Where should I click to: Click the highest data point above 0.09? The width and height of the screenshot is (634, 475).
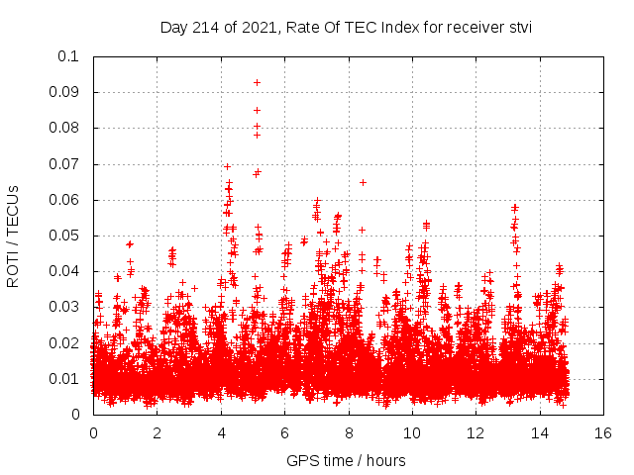point(257,82)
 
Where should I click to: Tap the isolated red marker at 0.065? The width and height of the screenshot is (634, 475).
point(363,182)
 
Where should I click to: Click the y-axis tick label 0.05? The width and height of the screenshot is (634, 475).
point(66,236)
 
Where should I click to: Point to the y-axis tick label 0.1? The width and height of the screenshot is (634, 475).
point(71,56)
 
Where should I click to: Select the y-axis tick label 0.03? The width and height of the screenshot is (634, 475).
point(66,307)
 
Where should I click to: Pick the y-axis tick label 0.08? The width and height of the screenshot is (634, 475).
point(66,128)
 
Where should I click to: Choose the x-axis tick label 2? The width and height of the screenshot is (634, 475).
point(157,433)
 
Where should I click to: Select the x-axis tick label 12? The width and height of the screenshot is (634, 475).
point(475,433)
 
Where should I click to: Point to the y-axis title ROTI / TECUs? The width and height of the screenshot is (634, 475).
point(14,236)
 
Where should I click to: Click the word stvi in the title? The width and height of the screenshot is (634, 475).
point(519,28)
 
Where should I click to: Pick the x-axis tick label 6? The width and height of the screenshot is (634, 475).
point(284,433)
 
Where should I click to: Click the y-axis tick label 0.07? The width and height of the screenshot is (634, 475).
point(66,164)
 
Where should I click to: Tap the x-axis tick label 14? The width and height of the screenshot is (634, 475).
point(539,433)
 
